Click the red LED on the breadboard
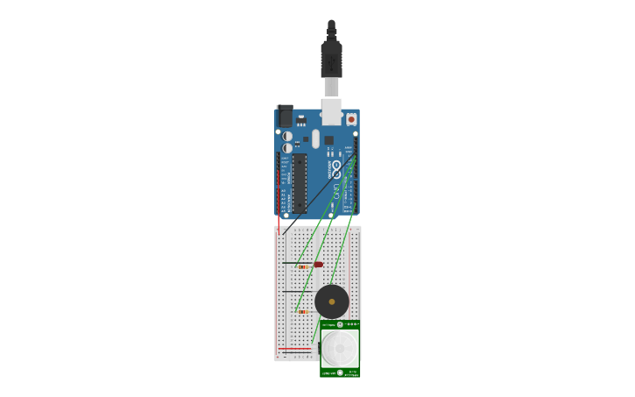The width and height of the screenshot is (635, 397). (x=318, y=264)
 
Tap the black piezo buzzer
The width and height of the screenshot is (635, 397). (x=332, y=301)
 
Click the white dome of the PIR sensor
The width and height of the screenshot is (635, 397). (x=340, y=347)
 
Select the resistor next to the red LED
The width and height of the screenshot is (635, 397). (x=302, y=267)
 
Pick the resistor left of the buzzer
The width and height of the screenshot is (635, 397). (x=303, y=311)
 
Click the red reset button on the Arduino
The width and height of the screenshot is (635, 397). (x=351, y=118)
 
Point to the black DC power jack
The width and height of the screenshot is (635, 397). (x=285, y=117)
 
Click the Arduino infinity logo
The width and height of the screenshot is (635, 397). (x=336, y=169)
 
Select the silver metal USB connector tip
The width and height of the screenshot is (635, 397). (x=331, y=87)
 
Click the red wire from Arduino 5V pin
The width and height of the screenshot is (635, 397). (x=279, y=210)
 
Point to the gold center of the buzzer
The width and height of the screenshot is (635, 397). (x=332, y=301)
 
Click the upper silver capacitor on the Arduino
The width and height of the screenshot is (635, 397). (x=286, y=137)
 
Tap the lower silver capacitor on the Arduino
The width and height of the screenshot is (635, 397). (x=286, y=149)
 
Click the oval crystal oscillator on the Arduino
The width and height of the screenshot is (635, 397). (x=316, y=138)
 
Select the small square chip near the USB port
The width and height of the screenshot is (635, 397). (x=329, y=140)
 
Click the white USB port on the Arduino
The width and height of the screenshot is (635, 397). (x=332, y=110)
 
